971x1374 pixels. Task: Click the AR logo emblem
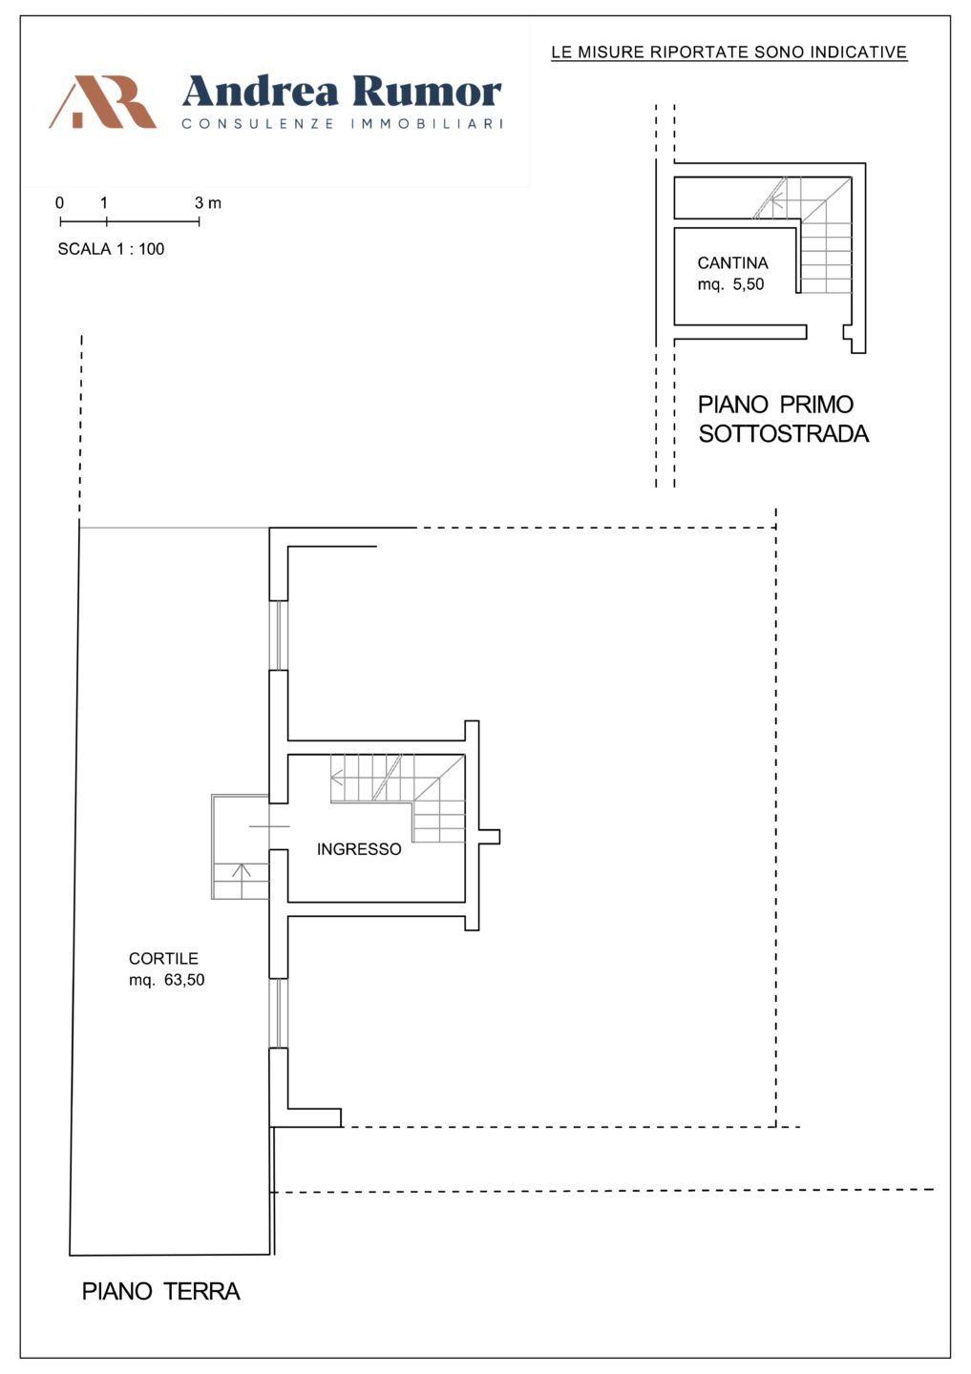pyautogui.click(x=102, y=101)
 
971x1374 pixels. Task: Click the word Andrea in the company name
pyautogui.click(x=261, y=92)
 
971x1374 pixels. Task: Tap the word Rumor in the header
pyautogui.click(x=427, y=92)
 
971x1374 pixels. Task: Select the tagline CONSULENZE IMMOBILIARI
pyautogui.click(x=343, y=124)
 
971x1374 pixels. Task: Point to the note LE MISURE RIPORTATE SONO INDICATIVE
pyautogui.click(x=729, y=52)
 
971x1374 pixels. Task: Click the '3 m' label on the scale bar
pyautogui.click(x=207, y=202)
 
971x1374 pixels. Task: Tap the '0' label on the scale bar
pyautogui.click(x=59, y=202)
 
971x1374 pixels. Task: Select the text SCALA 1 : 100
pyautogui.click(x=111, y=249)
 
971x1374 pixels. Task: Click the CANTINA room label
pyautogui.click(x=733, y=263)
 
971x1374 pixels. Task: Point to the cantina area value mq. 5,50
pyautogui.click(x=731, y=284)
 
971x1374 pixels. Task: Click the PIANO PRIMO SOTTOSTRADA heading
pyautogui.click(x=783, y=419)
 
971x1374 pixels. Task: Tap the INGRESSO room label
pyautogui.click(x=359, y=849)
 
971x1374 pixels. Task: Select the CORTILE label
pyautogui.click(x=163, y=958)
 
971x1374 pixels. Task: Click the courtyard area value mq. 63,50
pyautogui.click(x=166, y=980)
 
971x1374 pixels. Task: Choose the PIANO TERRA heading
pyautogui.click(x=160, y=1291)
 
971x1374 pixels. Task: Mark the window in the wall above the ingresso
pyautogui.click(x=279, y=635)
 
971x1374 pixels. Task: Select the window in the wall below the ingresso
pyautogui.click(x=279, y=1012)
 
